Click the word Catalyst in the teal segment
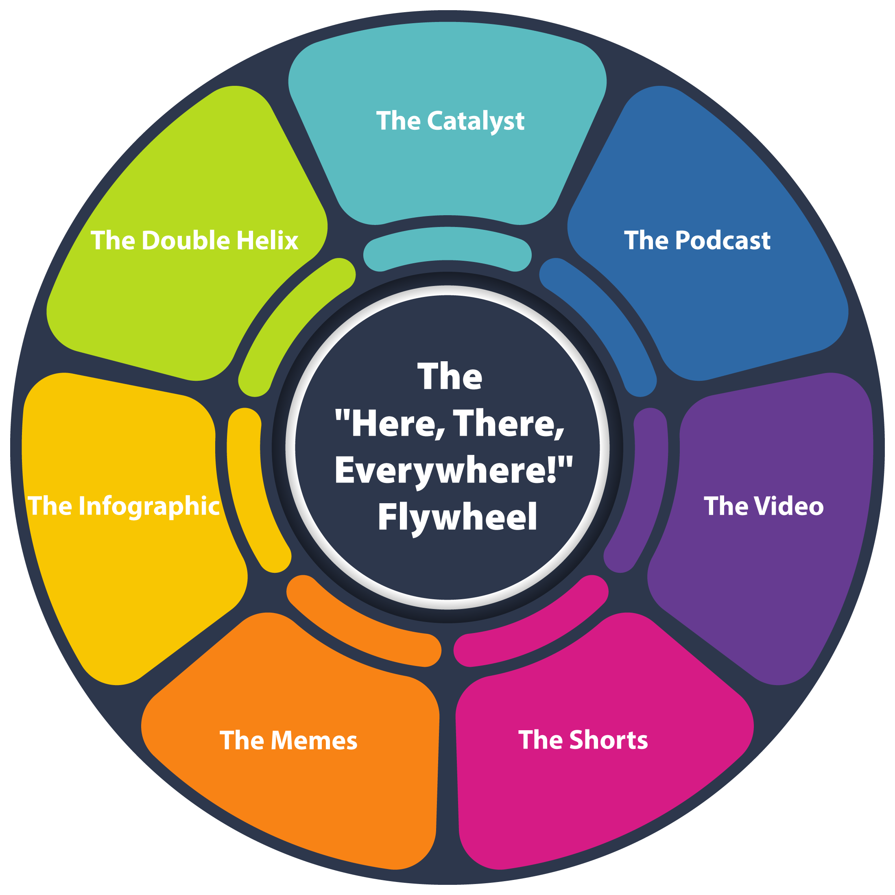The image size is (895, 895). click(x=475, y=121)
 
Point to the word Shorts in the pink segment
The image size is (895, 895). click(x=608, y=740)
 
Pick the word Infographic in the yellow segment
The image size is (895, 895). click(x=149, y=506)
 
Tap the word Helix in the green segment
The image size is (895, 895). click(x=267, y=241)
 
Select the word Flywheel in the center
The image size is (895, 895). click(x=457, y=517)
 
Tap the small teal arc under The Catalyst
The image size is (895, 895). click(x=447, y=246)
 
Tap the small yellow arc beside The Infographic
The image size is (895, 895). click(x=250, y=491)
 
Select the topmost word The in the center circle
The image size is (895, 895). click(x=450, y=377)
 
